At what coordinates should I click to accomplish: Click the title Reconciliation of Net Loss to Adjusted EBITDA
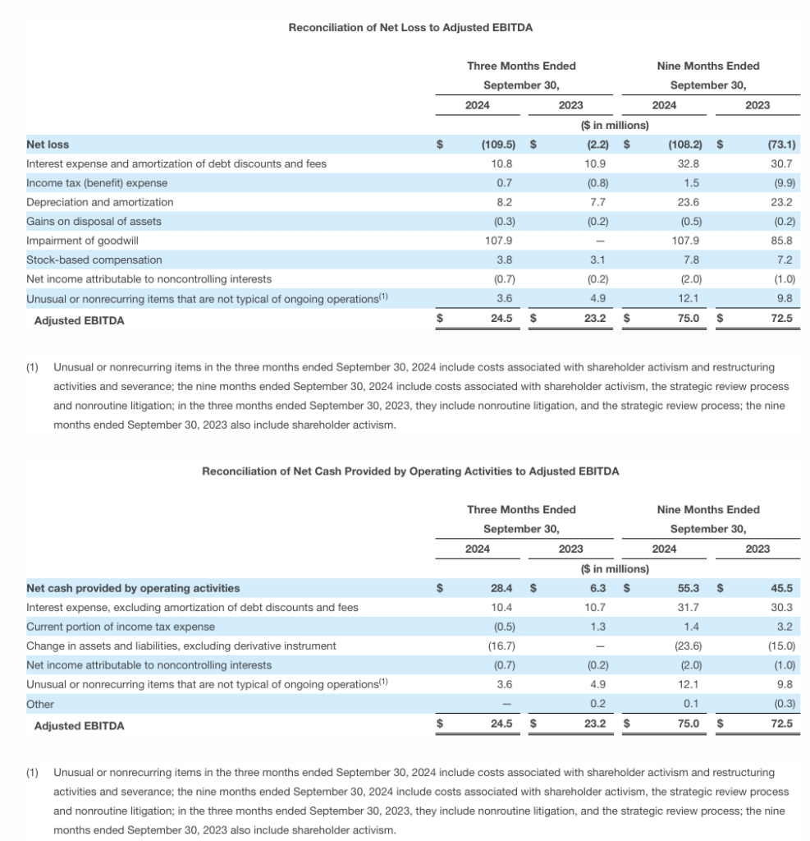[x=410, y=28]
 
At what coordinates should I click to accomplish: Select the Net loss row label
[x=48, y=145]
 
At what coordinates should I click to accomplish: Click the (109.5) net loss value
[x=497, y=145]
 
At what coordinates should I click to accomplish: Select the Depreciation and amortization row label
[x=99, y=202]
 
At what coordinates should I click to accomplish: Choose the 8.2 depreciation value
[x=506, y=202]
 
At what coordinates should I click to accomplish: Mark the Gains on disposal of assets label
[x=94, y=221]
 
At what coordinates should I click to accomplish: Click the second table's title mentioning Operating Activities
[x=410, y=471]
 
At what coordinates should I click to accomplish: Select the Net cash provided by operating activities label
[x=133, y=588]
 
